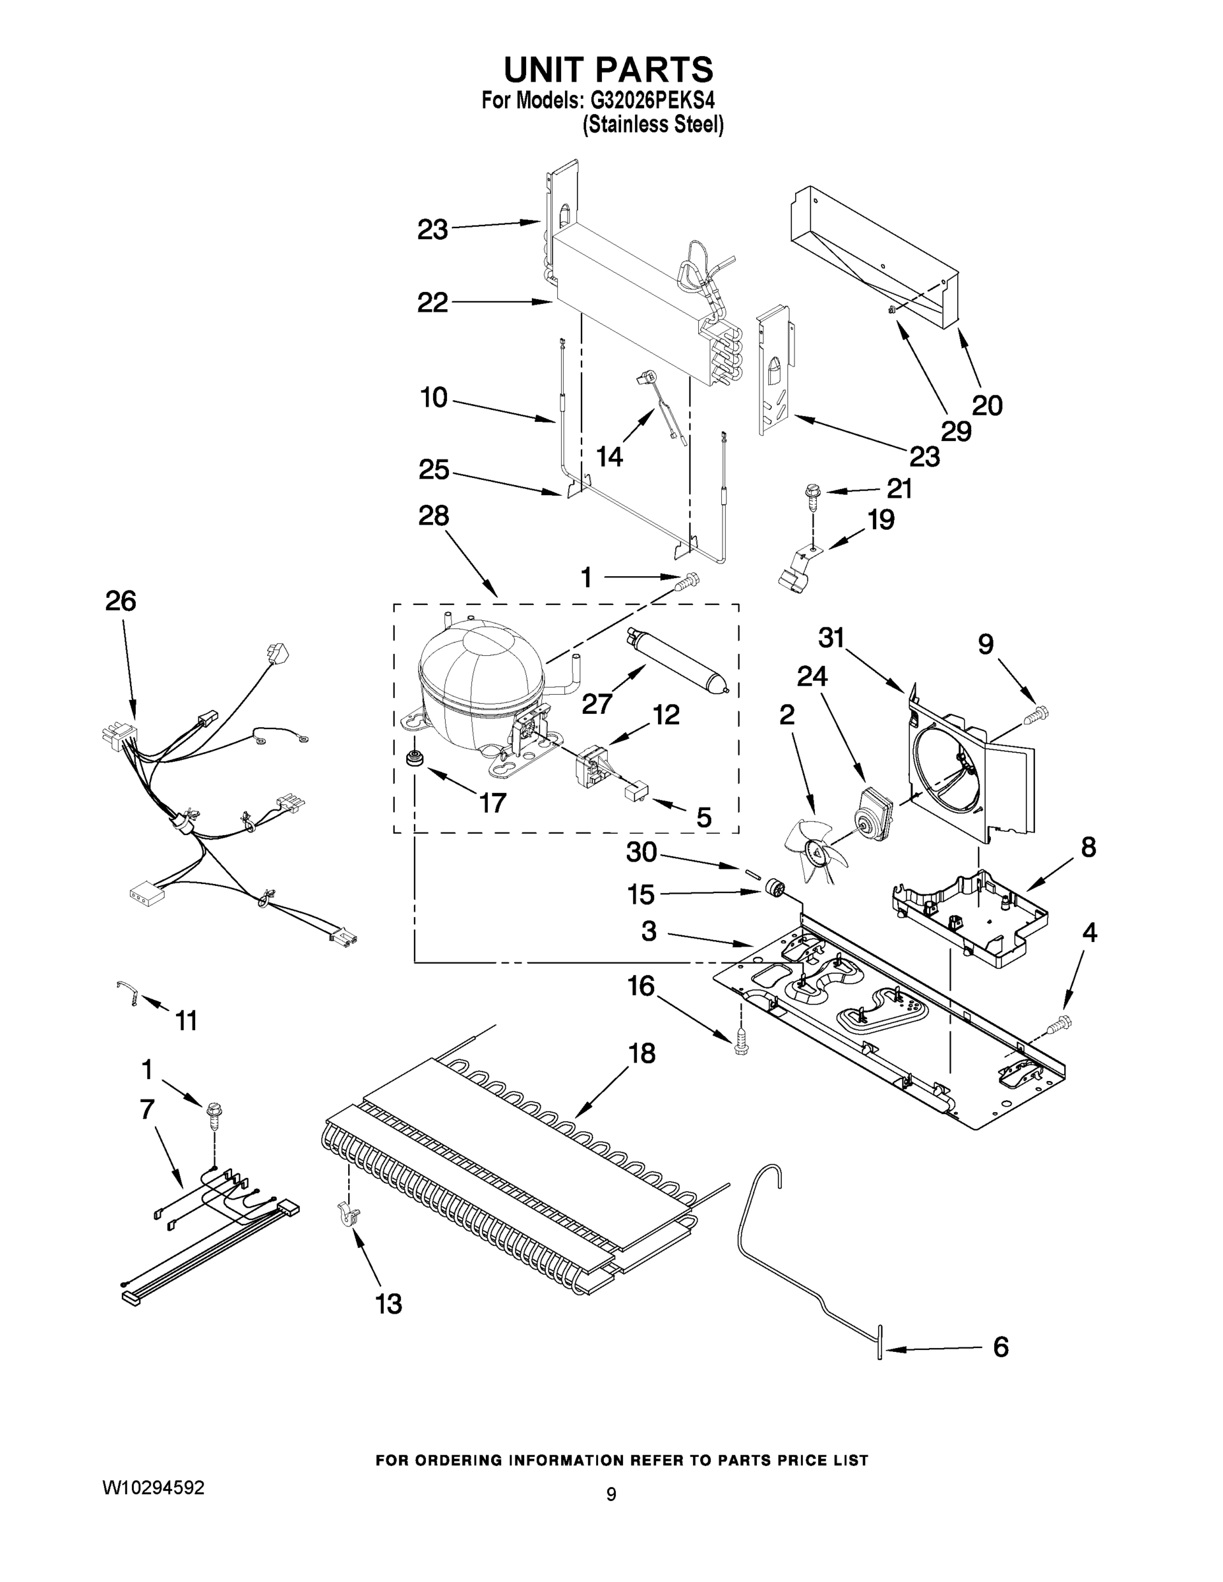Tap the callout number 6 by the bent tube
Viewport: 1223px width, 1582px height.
(x=1001, y=1347)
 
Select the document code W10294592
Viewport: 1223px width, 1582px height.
(x=153, y=1488)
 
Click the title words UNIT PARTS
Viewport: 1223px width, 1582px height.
(x=609, y=69)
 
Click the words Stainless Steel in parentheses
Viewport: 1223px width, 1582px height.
(x=653, y=125)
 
